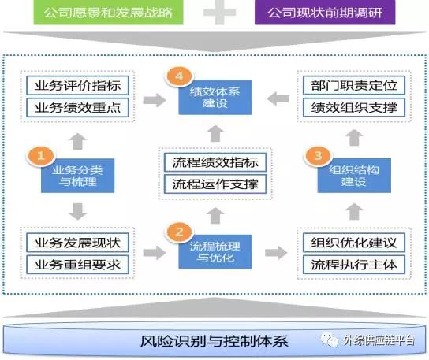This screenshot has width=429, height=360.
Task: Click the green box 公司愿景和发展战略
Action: tap(108, 13)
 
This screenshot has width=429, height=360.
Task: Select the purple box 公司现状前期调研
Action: tap(325, 13)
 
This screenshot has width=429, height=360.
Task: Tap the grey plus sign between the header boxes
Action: tap(219, 13)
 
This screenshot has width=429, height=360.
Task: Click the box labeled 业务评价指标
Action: tap(78, 86)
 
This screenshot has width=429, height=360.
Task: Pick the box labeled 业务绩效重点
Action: tap(78, 108)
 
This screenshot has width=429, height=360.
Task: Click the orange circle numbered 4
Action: tap(179, 76)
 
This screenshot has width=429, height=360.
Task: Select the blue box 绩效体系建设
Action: tap(215, 98)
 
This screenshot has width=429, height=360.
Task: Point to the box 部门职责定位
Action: tap(354, 86)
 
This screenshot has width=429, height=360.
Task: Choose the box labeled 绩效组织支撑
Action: tap(354, 108)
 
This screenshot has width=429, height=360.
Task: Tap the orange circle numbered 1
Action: tap(41, 155)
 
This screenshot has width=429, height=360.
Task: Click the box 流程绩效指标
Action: tap(215, 162)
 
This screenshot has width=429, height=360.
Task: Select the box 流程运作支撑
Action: tap(215, 184)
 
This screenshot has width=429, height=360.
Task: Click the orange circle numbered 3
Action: tap(318, 155)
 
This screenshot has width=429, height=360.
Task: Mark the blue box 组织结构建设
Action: tap(354, 176)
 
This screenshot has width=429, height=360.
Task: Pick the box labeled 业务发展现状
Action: tap(78, 243)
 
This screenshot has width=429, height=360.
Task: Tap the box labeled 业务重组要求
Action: tap(78, 265)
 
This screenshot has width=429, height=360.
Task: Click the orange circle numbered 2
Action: tap(179, 232)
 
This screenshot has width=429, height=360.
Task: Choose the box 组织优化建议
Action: tap(354, 243)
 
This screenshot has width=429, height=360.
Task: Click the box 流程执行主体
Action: tap(354, 265)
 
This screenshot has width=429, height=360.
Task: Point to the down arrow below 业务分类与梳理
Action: tap(78, 211)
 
